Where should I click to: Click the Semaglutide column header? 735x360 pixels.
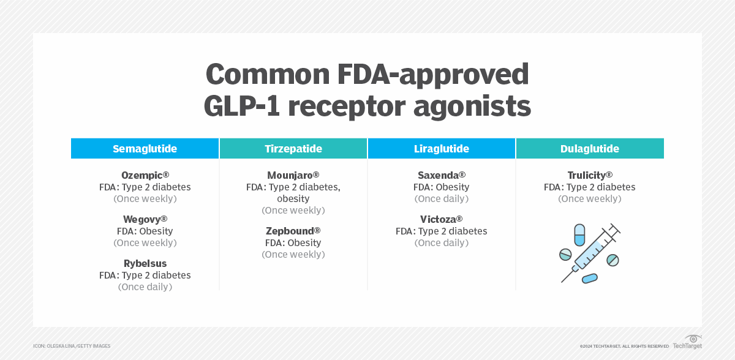145,149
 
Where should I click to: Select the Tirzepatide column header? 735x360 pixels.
293,149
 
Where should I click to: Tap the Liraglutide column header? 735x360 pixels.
441,149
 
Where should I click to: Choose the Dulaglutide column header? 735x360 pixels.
589,149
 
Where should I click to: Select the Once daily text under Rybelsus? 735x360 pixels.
145,287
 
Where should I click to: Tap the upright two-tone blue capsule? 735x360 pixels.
579,234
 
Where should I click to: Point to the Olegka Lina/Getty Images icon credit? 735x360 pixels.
72,347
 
